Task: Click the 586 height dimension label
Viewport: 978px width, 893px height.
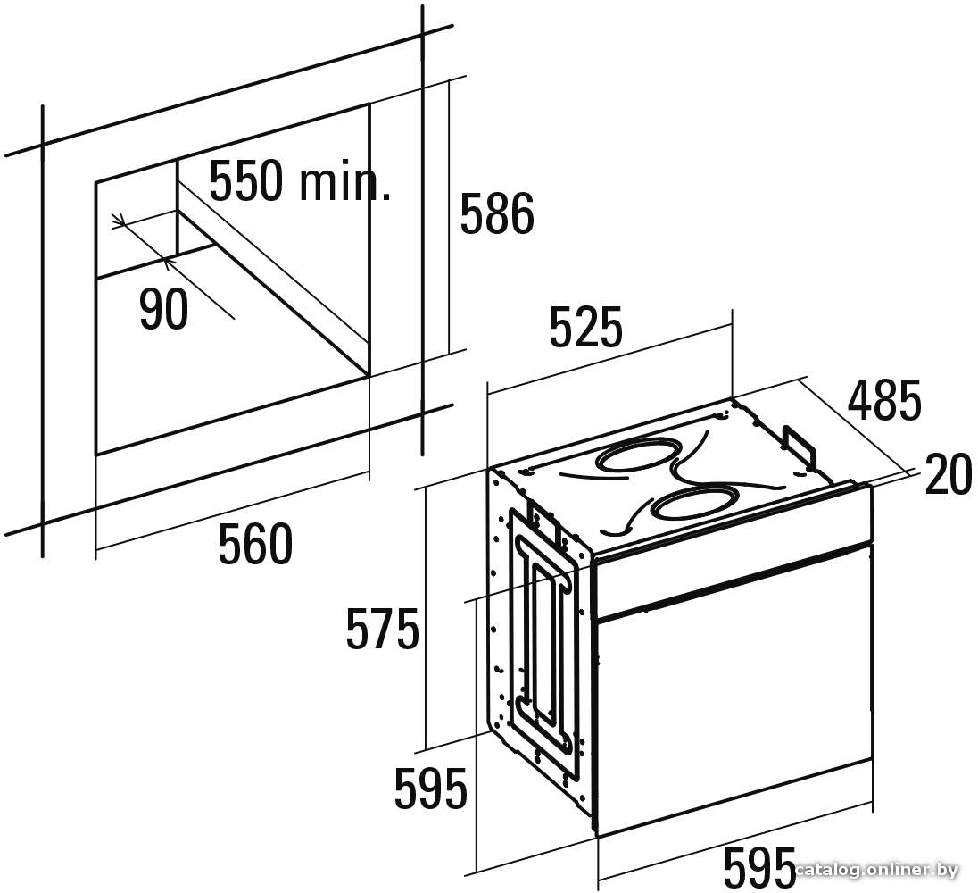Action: tap(497, 213)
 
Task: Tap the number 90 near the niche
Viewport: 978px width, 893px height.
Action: tap(163, 310)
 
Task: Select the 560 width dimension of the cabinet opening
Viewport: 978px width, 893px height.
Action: tap(256, 544)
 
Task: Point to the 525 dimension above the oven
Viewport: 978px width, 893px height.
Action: tap(586, 326)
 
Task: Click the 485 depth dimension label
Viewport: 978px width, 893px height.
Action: tap(884, 399)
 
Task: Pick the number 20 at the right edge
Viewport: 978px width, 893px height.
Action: tap(948, 474)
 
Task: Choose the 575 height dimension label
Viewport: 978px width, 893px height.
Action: tap(382, 629)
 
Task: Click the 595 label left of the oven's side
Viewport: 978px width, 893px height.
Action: tap(431, 789)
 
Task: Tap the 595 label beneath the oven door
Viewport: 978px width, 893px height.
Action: tap(759, 867)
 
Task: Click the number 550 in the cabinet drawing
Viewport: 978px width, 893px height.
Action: tap(246, 181)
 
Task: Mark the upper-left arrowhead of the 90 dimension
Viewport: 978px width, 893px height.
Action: tap(120, 221)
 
